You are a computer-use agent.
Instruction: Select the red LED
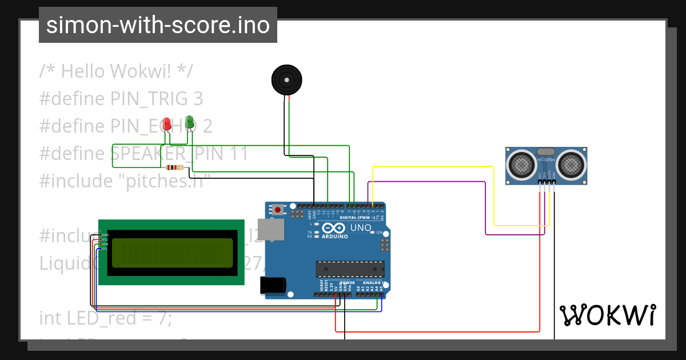167,123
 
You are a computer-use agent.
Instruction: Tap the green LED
189,122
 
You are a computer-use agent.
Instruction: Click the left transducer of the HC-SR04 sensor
521,165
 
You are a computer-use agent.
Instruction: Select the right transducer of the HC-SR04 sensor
571,165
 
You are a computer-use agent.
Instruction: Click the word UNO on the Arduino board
360,227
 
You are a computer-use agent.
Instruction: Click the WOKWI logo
607,315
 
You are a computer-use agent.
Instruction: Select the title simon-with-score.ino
158,25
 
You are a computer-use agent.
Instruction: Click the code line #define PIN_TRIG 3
121,99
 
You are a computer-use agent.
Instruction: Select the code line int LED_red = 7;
105,318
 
